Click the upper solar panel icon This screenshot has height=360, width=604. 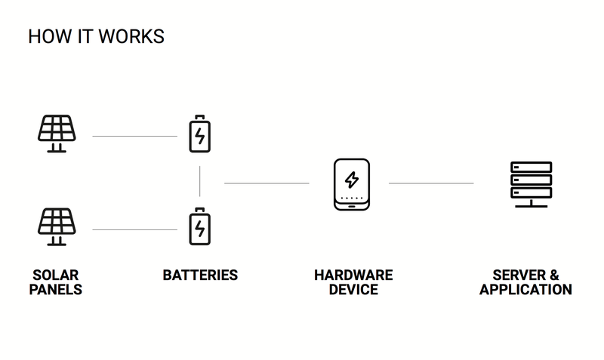coord(57,134)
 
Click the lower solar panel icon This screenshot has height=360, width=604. coord(57,226)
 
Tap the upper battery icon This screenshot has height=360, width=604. coord(200,134)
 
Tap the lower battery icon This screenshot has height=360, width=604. coord(200,226)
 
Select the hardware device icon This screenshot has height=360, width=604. coord(351,183)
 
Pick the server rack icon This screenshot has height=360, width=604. coord(531,183)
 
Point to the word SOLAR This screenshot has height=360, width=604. coord(56,275)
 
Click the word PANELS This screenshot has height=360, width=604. coord(56,289)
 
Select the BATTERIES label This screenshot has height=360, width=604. coord(200,275)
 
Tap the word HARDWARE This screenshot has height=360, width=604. coord(353,275)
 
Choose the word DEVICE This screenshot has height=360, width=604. coord(353,289)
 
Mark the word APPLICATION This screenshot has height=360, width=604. coord(525,289)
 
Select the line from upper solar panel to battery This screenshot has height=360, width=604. coord(134,137)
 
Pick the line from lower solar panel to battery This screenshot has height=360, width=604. coord(134,229)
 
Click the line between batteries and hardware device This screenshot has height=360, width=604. coord(267,183)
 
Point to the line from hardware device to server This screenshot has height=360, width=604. coord(431,183)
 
